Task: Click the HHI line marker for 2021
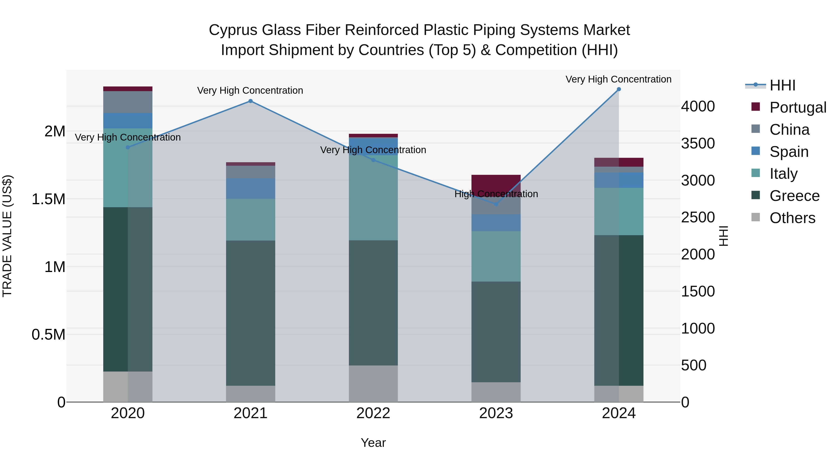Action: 251,101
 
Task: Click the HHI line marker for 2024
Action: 619,89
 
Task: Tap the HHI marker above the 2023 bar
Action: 496,204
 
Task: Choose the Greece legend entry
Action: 794,196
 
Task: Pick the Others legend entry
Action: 792,218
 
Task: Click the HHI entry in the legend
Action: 782,85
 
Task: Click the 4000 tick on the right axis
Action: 698,107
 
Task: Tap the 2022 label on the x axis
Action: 373,413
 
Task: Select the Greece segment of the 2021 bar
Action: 251,313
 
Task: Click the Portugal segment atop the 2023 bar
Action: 496,183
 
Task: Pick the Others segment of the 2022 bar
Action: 373,383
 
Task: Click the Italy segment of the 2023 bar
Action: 496,256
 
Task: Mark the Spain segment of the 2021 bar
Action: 251,188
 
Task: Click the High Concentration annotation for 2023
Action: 496,194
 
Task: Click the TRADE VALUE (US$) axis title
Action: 7,236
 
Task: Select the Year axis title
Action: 373,443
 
